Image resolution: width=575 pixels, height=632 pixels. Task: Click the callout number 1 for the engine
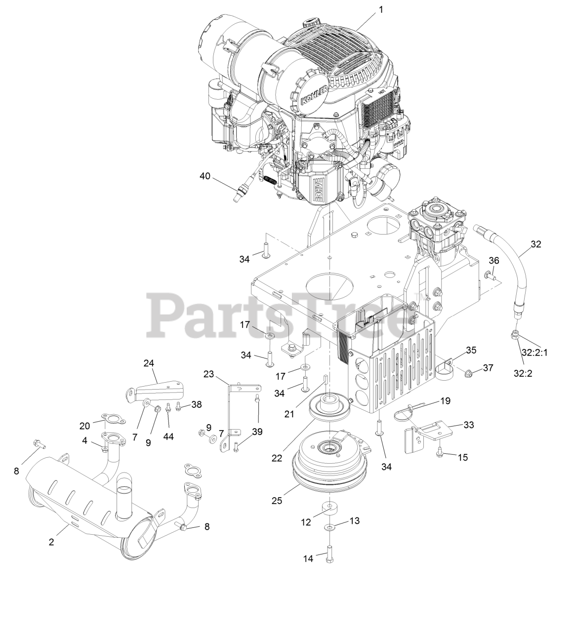[x=380, y=8]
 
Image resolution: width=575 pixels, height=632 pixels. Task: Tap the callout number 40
[x=205, y=176]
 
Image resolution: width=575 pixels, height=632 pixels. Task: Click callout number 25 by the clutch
[x=277, y=500]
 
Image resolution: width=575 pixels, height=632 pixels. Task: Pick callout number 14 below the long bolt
[x=309, y=558]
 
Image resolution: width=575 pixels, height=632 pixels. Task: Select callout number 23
[x=208, y=374]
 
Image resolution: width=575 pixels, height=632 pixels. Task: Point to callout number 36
[x=494, y=261]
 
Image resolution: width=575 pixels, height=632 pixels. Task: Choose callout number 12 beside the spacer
[x=306, y=521]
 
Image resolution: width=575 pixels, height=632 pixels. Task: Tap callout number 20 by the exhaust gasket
[x=85, y=426]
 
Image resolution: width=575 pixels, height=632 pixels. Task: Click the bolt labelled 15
[x=440, y=451]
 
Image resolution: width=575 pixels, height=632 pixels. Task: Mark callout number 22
[x=277, y=458]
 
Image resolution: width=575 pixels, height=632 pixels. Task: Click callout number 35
[x=471, y=351]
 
